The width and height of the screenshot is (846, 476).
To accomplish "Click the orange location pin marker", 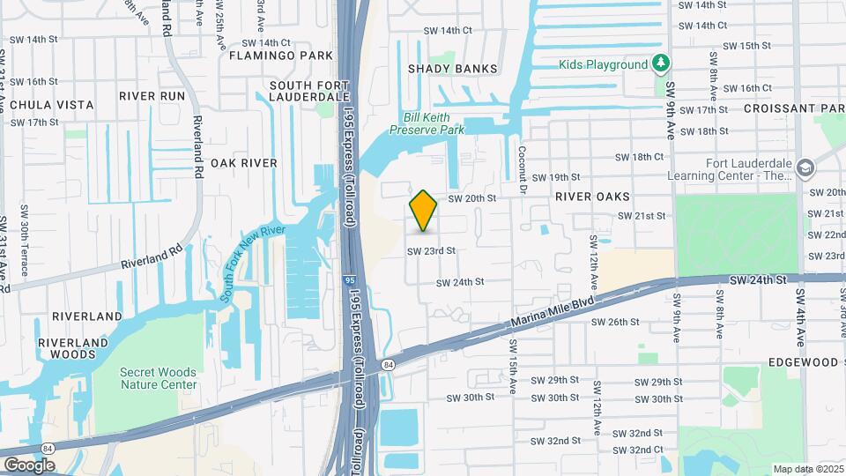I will click(x=424, y=211).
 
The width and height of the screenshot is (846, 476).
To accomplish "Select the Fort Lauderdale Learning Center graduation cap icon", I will click(x=805, y=167).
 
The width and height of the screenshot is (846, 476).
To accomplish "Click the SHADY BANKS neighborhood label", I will click(x=452, y=69).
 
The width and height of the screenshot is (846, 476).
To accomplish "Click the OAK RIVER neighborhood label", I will click(x=244, y=163).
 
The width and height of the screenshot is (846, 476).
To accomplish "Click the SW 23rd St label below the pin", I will click(x=431, y=251).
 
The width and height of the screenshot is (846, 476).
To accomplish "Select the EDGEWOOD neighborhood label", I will click(x=802, y=362).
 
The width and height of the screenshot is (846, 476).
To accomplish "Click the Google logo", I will click(x=29, y=465).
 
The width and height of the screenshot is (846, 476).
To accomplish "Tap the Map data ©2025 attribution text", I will click(x=807, y=469).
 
